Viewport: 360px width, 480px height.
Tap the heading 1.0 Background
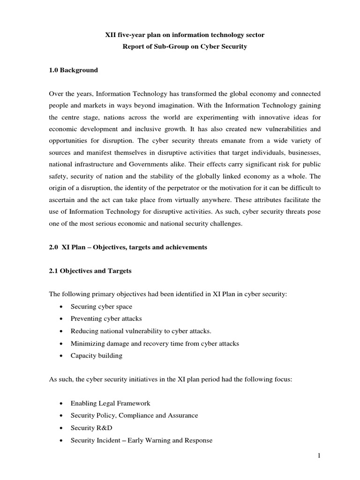[x=74, y=70]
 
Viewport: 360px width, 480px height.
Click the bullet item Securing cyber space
[x=101, y=307]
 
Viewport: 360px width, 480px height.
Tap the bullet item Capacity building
[x=97, y=355]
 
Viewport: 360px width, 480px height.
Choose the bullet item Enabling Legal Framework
[x=111, y=403]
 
